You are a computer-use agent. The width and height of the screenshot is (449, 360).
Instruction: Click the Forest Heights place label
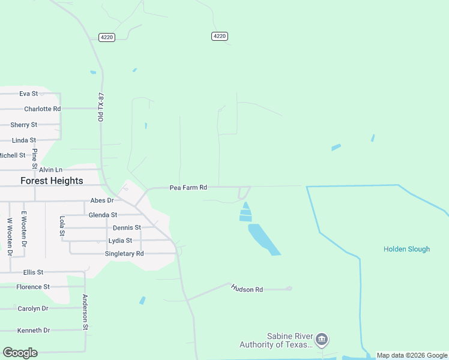coord(52,181)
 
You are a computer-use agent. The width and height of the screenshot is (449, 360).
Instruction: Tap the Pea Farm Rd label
coord(188,188)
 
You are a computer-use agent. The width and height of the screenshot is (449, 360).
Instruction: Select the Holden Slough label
coord(406,249)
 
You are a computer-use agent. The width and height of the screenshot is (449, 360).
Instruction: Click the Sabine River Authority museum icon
coord(322,340)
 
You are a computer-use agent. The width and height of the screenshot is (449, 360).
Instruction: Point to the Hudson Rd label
coord(247,289)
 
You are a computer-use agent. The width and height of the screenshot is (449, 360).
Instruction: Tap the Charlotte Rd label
coord(42,109)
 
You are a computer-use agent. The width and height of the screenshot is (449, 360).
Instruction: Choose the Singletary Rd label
coord(124,254)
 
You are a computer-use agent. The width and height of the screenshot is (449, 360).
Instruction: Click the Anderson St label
coord(85,312)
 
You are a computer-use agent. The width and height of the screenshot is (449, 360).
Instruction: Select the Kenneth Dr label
coord(34,331)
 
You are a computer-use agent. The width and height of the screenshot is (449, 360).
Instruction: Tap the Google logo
coord(20,353)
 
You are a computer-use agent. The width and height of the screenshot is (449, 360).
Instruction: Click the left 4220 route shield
coord(107,37)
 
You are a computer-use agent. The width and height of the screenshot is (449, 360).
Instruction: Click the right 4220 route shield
coord(220,37)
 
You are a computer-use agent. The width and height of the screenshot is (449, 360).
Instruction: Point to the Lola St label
coord(62,226)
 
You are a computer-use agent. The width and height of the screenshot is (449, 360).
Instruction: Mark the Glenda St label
coord(103,215)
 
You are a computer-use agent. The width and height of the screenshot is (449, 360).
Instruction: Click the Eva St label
coord(28,94)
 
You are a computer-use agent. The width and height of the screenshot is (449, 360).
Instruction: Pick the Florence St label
coord(33,287)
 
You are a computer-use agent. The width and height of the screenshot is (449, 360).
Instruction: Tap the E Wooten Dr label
coord(25,229)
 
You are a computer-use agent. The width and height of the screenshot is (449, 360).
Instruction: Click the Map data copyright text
coord(412,356)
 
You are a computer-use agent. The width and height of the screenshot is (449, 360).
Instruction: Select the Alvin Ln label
coord(50,170)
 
